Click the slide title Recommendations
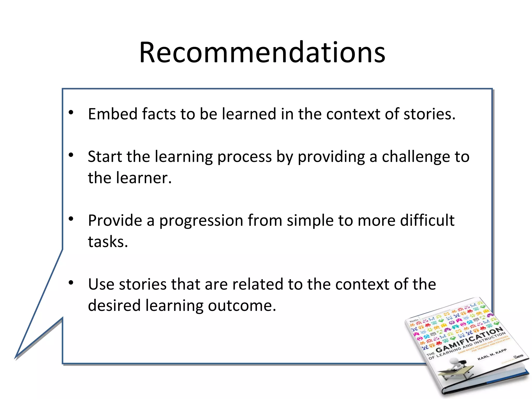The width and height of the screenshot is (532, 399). coord(262,53)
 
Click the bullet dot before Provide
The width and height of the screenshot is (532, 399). coord(71,219)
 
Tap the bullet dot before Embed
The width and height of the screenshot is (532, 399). coord(71,112)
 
